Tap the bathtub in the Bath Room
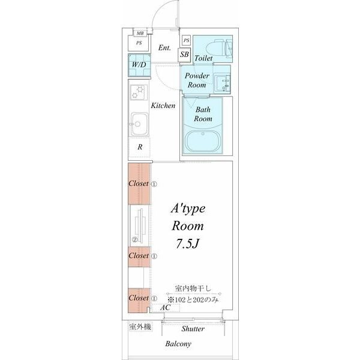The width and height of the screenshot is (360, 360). [203, 141]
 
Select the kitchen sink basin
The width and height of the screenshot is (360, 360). [139, 124]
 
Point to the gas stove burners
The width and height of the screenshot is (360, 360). [139, 92]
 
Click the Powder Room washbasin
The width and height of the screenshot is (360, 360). [222, 83]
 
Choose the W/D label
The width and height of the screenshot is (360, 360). [139, 65]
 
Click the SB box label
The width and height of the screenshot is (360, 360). [184, 55]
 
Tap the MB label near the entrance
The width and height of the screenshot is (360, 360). [140, 33]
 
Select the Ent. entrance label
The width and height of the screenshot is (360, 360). [164, 48]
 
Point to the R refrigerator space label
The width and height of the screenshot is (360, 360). [140, 147]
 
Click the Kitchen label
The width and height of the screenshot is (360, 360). [163, 106]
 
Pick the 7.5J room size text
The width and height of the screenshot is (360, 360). [187, 244]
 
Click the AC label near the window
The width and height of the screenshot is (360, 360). [166, 307]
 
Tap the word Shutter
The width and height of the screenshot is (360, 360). [193, 329]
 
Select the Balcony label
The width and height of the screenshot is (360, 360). [178, 344]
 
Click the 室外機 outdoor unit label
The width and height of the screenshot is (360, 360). [140, 327]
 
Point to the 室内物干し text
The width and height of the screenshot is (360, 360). [193, 289]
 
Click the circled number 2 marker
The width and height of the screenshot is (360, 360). [134, 240]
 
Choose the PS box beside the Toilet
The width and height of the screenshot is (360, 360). [186, 40]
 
